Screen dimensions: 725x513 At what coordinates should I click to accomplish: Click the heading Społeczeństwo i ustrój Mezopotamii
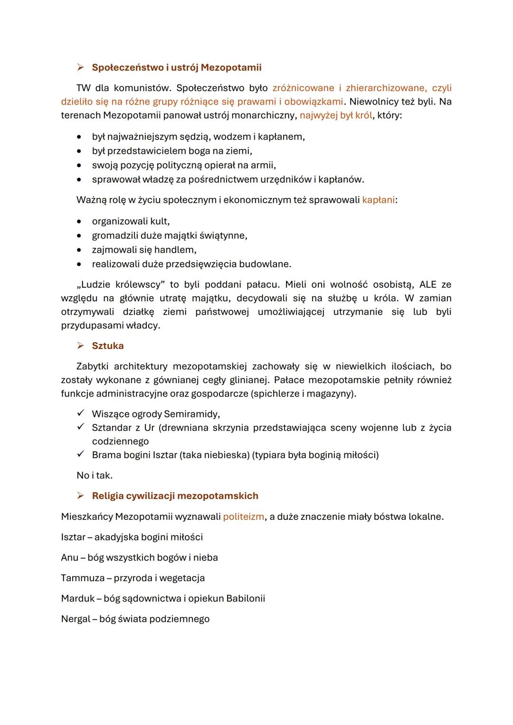tap(176, 67)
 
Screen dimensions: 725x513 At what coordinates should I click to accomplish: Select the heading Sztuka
tap(108, 346)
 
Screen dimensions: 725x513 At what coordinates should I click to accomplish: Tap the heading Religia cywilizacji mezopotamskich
tap(175, 496)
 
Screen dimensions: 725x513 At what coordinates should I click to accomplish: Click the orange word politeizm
tap(243, 517)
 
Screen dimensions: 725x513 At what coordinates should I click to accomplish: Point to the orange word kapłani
tap(378, 200)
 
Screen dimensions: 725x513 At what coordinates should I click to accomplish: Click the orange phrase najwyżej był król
tap(336, 115)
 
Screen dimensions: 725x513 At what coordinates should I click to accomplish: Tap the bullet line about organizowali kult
tap(131, 221)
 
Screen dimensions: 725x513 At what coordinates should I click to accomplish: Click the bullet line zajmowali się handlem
tap(144, 250)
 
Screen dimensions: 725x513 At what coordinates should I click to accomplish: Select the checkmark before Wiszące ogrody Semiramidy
tap(81, 414)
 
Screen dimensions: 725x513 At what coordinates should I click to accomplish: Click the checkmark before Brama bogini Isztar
tap(81, 454)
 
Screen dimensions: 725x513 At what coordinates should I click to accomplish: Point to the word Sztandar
tap(112, 427)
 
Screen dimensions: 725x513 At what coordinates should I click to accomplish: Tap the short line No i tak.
tap(95, 475)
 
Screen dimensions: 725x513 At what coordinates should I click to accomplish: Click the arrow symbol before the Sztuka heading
tap(81, 346)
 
